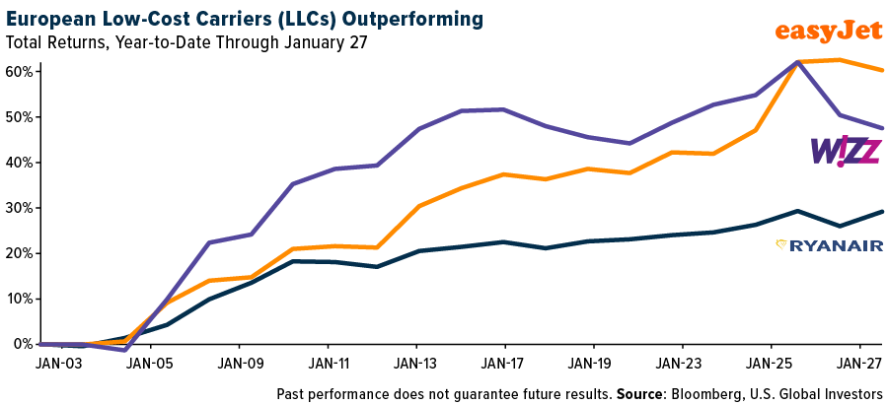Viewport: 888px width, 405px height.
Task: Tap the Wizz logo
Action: coord(846,151)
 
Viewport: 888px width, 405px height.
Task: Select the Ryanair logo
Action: coord(829,245)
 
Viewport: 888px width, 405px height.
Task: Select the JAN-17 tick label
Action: coord(506,362)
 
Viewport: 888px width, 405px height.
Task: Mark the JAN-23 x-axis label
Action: coord(684,362)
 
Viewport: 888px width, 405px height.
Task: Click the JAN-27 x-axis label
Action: coord(860,362)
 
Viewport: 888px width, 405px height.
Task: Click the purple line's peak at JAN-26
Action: coord(795,62)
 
